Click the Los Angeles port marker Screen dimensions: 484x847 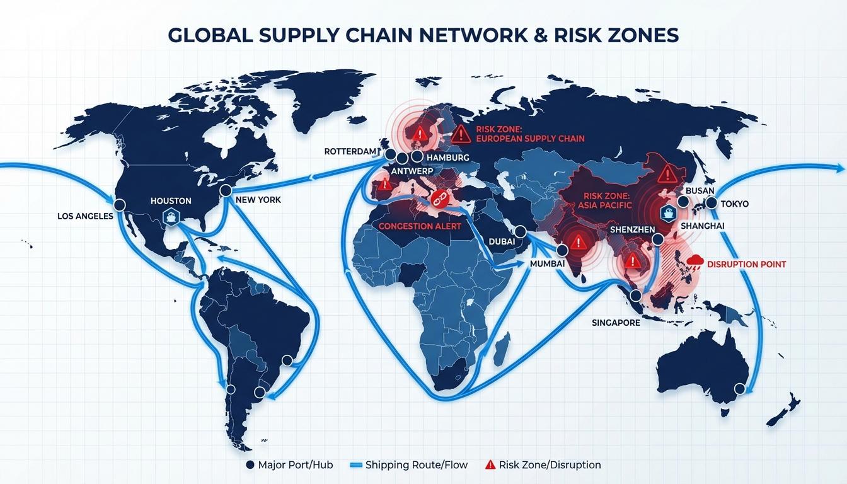click(x=118, y=204)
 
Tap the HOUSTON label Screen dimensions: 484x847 click(x=171, y=201)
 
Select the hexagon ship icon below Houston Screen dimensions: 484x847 click(x=171, y=217)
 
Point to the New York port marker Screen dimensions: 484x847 click(x=226, y=190)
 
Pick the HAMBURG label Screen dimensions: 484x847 click(x=447, y=158)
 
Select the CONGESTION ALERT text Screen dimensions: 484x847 click(x=420, y=226)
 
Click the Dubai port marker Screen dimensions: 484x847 click(x=521, y=232)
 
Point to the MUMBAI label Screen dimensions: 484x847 click(x=547, y=264)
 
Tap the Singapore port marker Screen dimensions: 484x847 click(x=636, y=294)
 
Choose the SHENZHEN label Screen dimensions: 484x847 click(x=632, y=229)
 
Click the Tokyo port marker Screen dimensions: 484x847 click(x=712, y=203)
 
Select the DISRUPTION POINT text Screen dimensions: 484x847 click(x=747, y=265)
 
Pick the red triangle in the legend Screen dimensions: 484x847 click(x=490, y=465)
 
